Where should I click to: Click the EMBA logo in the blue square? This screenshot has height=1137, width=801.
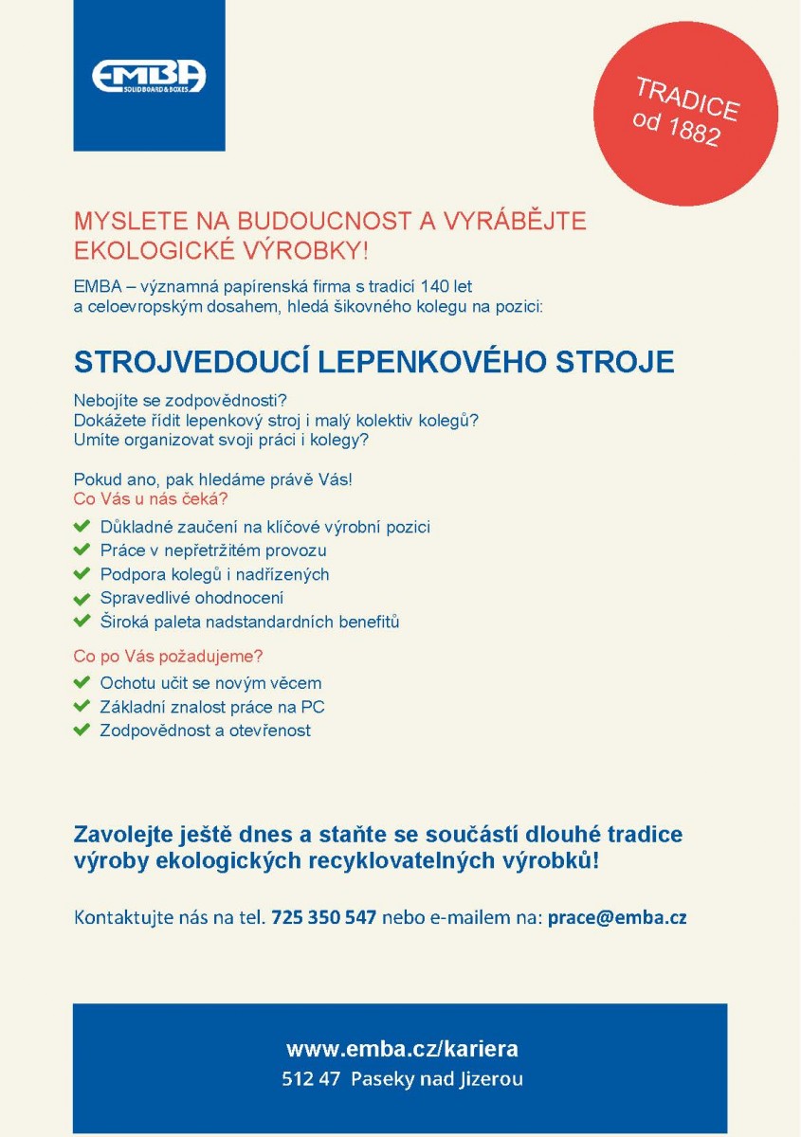[x=149, y=76]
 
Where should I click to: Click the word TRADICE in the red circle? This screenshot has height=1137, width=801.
[x=686, y=98]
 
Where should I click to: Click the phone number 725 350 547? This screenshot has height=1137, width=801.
[x=324, y=917]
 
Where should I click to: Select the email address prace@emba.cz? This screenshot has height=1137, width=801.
[x=617, y=917]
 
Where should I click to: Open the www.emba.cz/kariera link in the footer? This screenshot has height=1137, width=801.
[x=402, y=1049]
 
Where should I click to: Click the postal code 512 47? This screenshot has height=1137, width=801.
[x=310, y=1079]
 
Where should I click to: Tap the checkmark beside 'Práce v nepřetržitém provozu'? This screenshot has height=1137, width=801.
[x=82, y=550]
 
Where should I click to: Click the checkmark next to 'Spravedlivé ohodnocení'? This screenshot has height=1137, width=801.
[x=82, y=599]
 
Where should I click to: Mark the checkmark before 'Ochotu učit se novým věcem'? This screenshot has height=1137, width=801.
[x=82, y=682]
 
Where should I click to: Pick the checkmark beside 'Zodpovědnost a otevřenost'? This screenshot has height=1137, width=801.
[x=82, y=731]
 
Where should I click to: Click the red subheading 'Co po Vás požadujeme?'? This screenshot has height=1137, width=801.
[x=168, y=656]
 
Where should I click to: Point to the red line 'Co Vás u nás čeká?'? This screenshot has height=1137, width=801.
[x=151, y=498]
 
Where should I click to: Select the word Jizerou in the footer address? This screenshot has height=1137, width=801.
[x=492, y=1079]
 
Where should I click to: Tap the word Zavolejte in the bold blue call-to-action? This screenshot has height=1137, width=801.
[x=120, y=836]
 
